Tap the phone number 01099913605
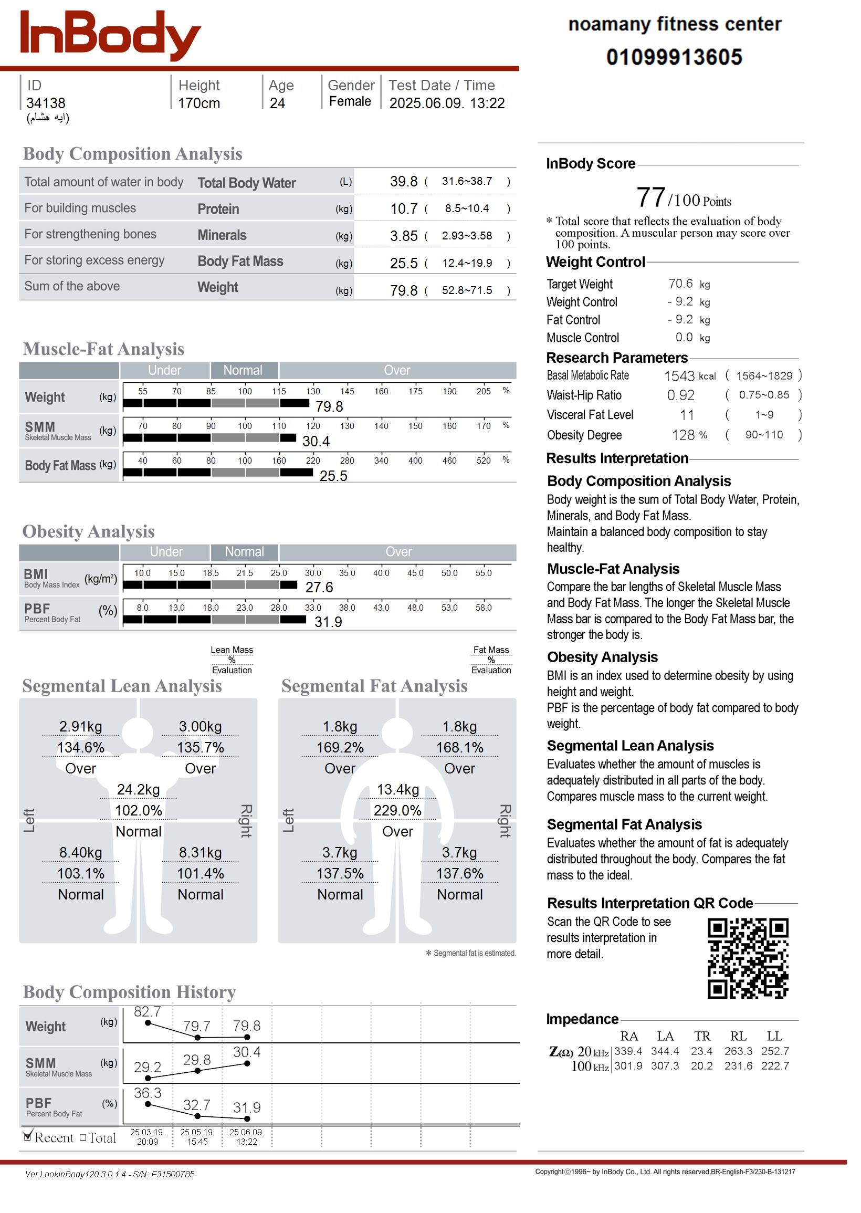point(674,57)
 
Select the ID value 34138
point(46,103)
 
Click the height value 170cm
point(198,103)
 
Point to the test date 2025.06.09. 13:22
point(446,103)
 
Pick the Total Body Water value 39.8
point(403,182)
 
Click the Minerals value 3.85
point(403,236)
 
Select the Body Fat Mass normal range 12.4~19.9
point(467,263)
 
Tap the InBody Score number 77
point(650,198)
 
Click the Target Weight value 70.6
point(680,284)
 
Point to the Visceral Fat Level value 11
point(687,415)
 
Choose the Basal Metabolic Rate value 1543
point(679,376)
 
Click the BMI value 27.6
point(319,588)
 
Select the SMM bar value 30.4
point(316,441)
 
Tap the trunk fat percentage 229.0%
point(397,811)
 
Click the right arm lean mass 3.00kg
point(201,726)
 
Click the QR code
point(748,958)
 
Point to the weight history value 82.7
point(147,1012)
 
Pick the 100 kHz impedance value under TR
point(701,1066)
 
